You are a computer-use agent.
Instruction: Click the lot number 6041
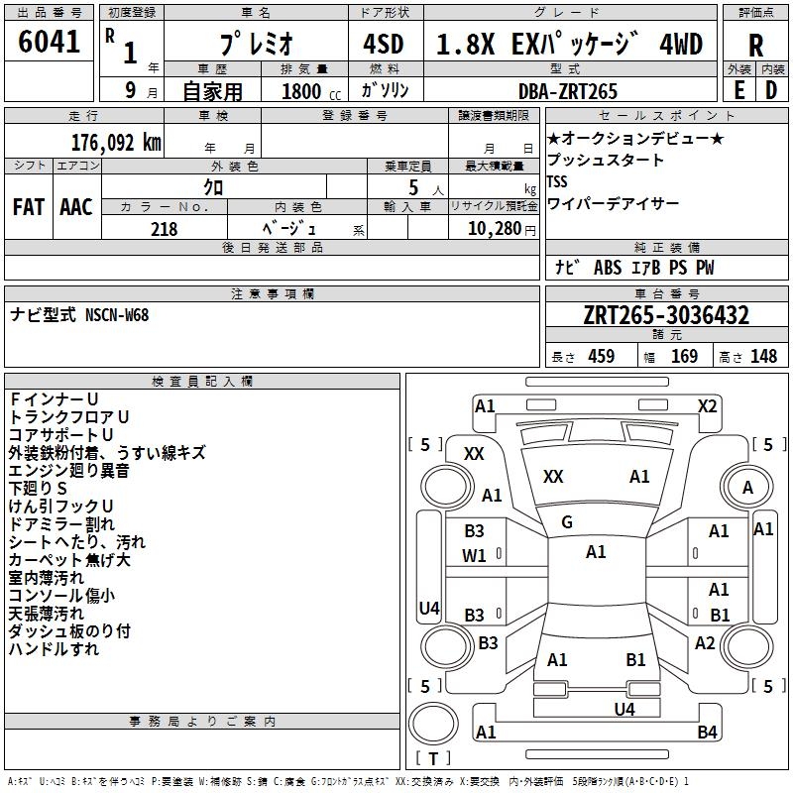[x=50, y=43]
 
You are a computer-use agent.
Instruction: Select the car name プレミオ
[x=255, y=47]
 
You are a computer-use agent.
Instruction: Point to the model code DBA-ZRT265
[x=567, y=91]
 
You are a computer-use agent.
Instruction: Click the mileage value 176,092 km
[x=115, y=142]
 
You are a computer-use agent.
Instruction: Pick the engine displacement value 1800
[x=303, y=91]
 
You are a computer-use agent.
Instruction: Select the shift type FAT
[x=28, y=207]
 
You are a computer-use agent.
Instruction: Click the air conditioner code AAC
[x=76, y=207]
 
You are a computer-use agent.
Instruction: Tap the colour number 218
[x=165, y=229]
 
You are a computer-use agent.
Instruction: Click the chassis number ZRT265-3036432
[x=666, y=316]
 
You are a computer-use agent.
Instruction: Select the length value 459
[x=601, y=357]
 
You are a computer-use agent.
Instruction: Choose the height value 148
[x=763, y=357]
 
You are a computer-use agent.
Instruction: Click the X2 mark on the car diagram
[x=707, y=405]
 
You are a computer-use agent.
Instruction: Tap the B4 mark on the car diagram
[x=707, y=733]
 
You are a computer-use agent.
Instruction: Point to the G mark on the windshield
[x=566, y=522]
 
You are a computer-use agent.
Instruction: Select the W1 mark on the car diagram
[x=475, y=556]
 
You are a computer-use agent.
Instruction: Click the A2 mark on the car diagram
[x=705, y=643]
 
